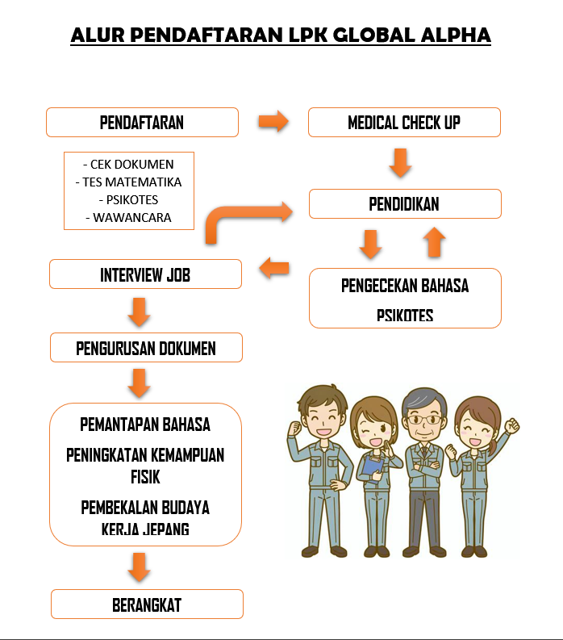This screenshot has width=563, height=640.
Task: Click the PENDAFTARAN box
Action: pos(142,122)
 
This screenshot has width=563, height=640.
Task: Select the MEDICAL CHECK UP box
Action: pos(404,122)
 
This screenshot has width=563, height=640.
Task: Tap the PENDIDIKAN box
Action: pos(405,203)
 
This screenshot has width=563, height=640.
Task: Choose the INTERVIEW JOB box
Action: pos(146,274)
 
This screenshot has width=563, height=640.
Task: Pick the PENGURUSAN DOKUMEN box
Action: pos(147,347)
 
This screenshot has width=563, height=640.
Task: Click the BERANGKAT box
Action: pos(148,604)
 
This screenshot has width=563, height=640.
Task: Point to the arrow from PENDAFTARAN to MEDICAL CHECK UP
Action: pos(273,121)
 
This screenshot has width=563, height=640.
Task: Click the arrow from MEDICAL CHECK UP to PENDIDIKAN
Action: pos(400,163)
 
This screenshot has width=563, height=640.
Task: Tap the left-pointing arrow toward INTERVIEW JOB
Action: pos(274,268)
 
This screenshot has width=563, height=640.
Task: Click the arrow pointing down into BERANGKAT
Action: pos(139,567)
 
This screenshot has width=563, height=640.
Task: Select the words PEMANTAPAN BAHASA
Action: pos(145,425)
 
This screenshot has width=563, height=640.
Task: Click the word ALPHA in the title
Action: pos(456,35)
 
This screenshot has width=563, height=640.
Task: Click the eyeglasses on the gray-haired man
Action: pos(425,419)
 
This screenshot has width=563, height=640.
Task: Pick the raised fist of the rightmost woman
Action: pos(511,425)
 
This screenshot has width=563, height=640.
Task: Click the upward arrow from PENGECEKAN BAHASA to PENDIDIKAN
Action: pos(435,242)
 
